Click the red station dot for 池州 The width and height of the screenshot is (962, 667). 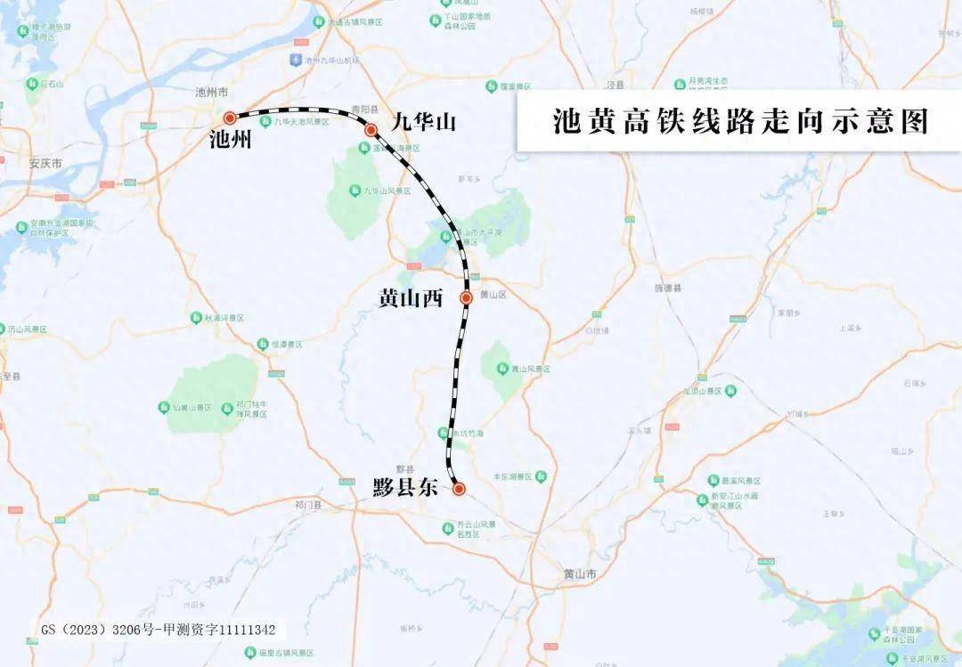(230, 117)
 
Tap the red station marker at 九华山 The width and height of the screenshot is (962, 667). (371, 130)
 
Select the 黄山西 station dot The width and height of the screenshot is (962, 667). (466, 297)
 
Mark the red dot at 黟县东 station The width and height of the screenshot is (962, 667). (459, 488)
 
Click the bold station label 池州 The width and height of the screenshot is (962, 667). (231, 139)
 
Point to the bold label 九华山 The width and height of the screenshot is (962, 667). (423, 120)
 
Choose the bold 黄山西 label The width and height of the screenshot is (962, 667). (411, 298)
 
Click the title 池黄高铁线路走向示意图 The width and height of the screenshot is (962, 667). (739, 120)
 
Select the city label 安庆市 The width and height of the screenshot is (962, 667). (45, 164)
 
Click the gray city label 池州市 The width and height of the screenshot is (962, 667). (212, 93)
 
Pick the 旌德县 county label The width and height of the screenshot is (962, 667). (667, 289)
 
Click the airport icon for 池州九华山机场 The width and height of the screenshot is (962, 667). (295, 60)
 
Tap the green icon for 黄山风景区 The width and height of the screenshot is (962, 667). (501, 369)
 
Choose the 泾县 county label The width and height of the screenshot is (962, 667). (613, 84)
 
